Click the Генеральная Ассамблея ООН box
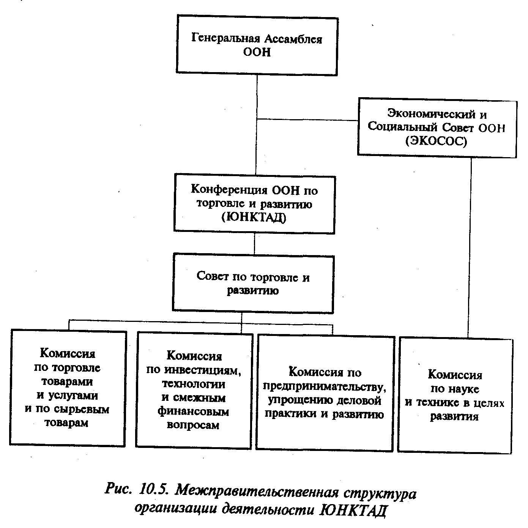click(x=257, y=46)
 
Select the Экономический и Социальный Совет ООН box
click(x=437, y=128)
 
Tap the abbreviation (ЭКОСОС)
click(x=436, y=141)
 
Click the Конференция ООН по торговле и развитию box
click(x=255, y=204)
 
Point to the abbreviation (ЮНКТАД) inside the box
click(x=254, y=218)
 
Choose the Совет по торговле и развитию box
click(x=253, y=284)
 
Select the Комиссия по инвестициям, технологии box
click(x=194, y=390)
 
